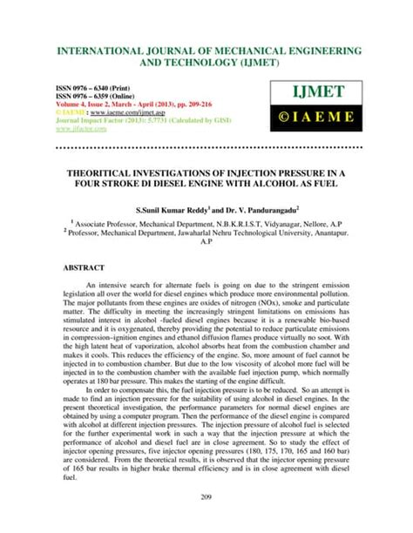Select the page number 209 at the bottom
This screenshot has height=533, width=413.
pyautogui.click(x=206, y=520)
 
